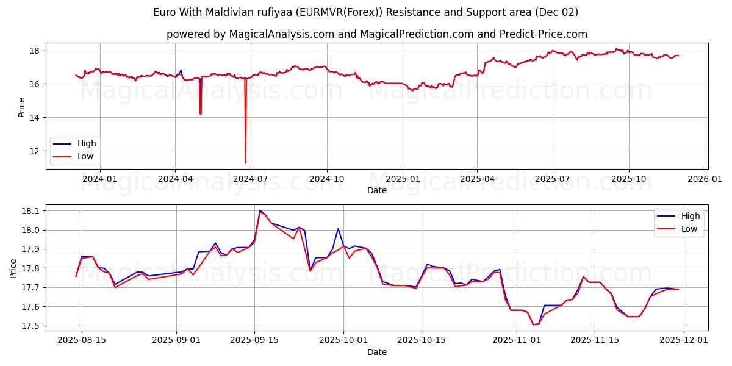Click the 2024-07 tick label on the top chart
251,179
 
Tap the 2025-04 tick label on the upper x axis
477,179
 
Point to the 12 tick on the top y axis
35,151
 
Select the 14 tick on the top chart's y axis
35,118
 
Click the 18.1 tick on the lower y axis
30,211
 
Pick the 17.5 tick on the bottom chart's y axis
30,326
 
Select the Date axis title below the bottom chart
376,352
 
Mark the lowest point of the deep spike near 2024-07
246,163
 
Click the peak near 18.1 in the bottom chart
260,210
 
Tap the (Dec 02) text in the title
556,12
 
